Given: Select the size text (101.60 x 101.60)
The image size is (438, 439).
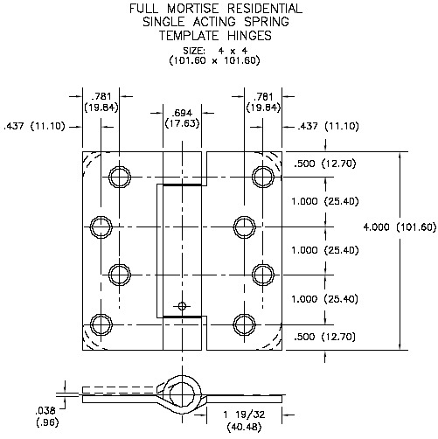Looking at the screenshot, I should tap(216, 61).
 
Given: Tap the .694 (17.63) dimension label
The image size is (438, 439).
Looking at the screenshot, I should tap(182, 119).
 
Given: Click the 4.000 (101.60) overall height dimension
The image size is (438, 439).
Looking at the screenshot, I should tap(400, 227).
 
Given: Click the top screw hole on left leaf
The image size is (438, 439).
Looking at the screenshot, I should tap(119, 178).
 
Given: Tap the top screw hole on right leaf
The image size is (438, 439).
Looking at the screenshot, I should tap(261, 178).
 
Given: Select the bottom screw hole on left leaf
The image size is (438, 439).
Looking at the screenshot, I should tap(103, 324).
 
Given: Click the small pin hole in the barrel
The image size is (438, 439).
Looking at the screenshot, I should tap(182, 305).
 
